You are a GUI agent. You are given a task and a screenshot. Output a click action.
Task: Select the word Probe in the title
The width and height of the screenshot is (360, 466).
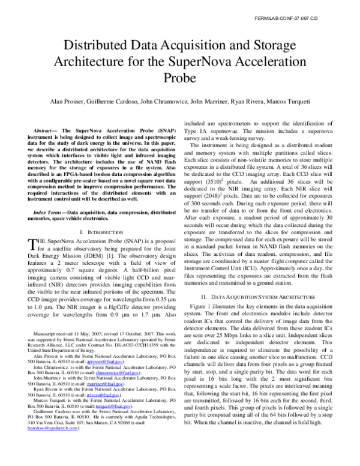coord(179,77)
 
